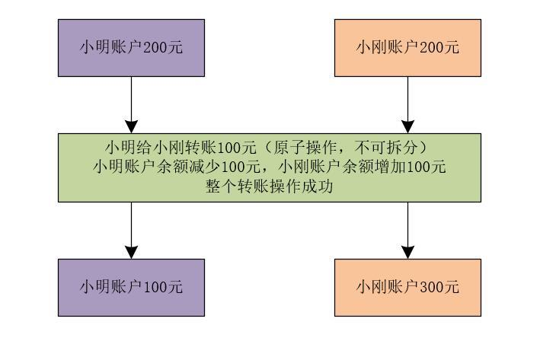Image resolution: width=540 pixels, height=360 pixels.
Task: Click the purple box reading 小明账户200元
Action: pos(131,48)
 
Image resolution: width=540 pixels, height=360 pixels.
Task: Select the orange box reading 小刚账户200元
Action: pos(407,48)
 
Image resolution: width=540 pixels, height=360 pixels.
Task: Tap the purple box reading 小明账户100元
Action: pos(131,288)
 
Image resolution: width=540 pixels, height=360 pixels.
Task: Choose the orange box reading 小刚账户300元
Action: pos(407,288)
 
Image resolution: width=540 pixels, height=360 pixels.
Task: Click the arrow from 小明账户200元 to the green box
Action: pos(131,105)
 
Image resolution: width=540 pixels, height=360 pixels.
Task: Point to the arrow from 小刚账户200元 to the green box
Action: pos(407,105)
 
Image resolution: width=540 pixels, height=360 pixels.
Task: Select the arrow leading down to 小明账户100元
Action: pos(131,231)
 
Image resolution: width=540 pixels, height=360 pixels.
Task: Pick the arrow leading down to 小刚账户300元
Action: pos(407,231)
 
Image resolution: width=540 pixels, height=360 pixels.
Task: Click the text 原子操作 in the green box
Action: pos(305,148)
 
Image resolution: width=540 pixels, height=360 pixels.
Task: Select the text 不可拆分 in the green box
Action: pos(386,148)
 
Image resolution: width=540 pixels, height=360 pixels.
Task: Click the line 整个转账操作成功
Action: pos(270,186)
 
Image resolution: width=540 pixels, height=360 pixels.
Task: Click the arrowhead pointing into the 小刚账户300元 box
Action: pos(407,252)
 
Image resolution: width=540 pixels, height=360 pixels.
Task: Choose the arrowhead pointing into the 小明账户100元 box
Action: pos(131,252)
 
